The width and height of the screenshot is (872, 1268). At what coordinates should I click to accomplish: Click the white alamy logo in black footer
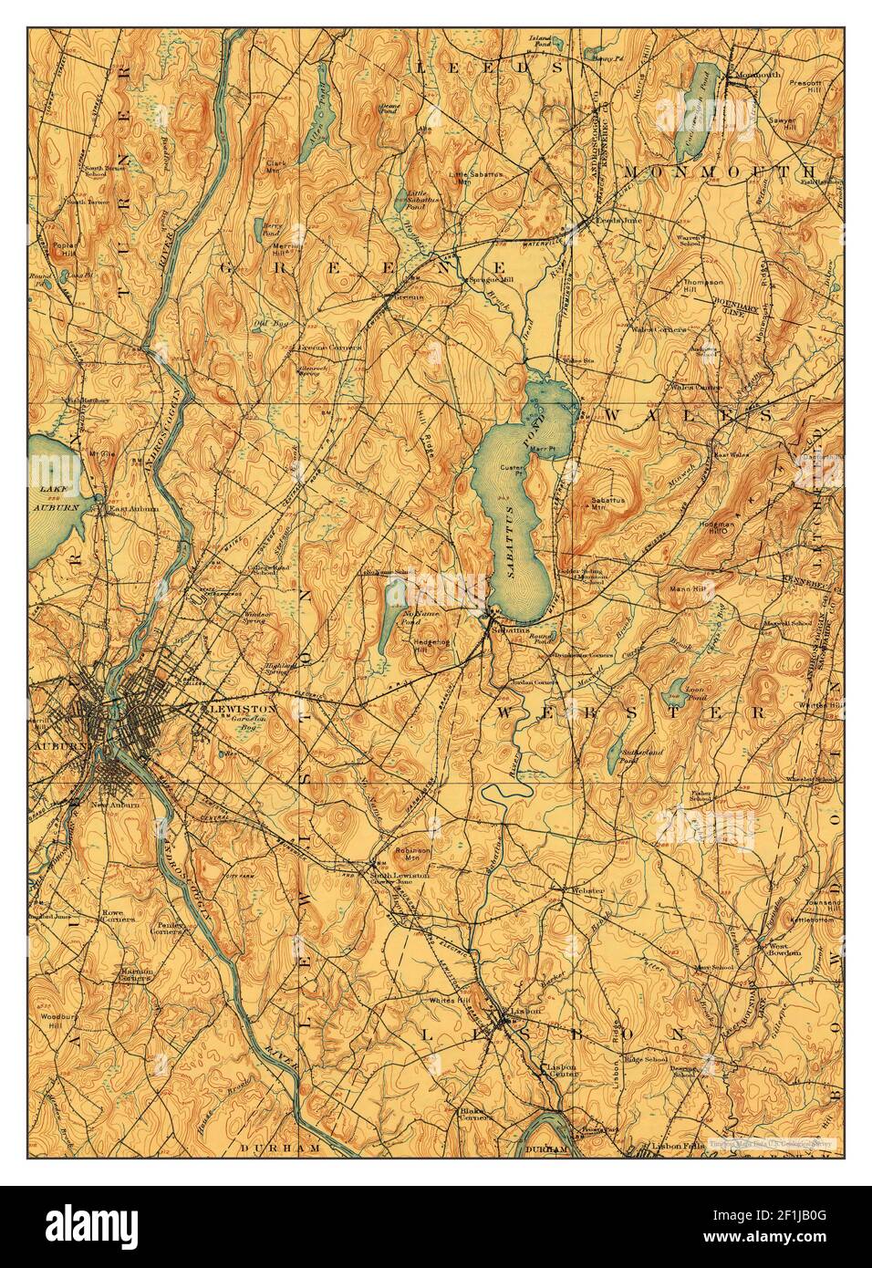pyautogui.click(x=91, y=1227)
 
